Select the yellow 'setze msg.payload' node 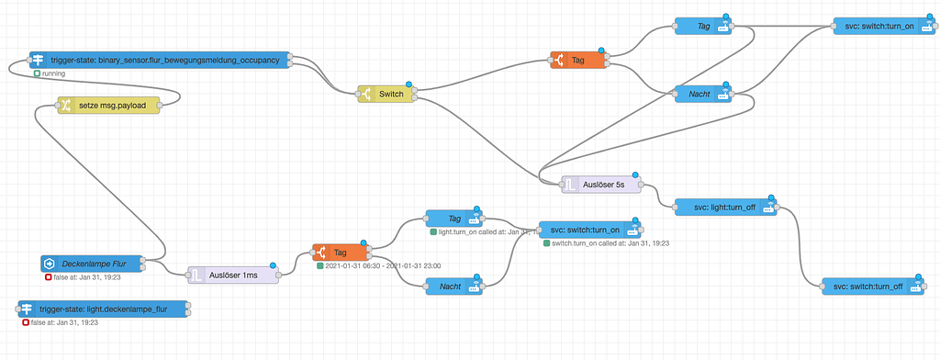click(108, 106)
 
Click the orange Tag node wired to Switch click(577, 61)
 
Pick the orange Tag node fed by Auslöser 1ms click(339, 252)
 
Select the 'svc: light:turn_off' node click(725, 207)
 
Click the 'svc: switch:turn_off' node click(872, 287)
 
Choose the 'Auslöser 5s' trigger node click(602, 185)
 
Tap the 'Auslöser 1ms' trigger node click(232, 274)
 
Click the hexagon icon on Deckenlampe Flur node click(50, 264)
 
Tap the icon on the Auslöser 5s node click(571, 185)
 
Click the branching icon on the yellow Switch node click(366, 93)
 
